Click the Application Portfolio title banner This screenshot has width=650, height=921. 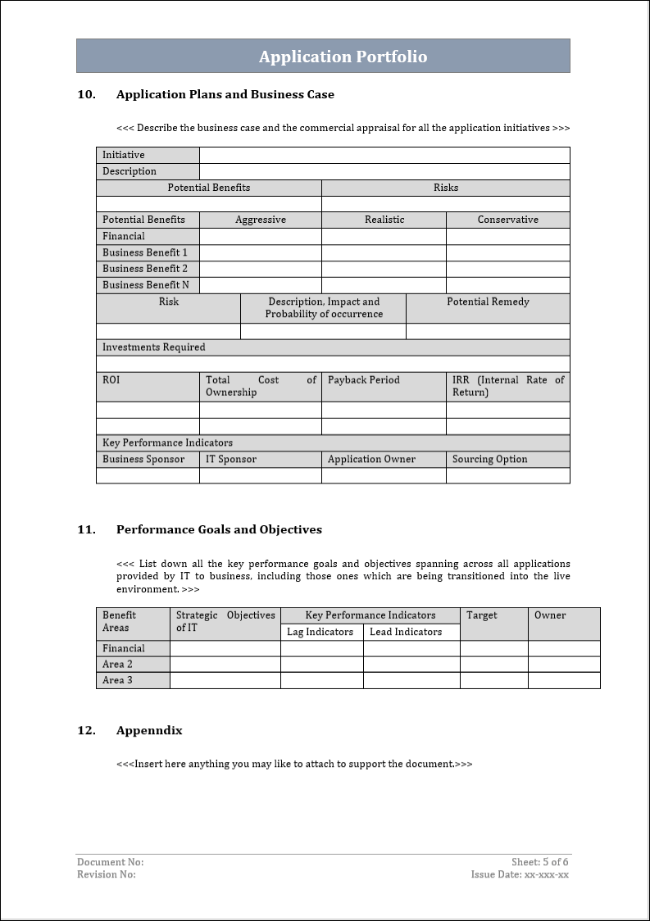pos(343,57)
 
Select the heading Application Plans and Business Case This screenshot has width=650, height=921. pos(225,94)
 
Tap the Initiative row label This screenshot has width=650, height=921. pos(124,155)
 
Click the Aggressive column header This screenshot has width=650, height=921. pos(261,220)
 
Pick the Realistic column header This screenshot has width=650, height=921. pos(384,220)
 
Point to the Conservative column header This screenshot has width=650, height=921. pos(508,220)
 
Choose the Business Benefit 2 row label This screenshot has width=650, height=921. pos(145,269)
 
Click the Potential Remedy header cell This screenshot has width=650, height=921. pos(488,302)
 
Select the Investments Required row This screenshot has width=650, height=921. pos(154,347)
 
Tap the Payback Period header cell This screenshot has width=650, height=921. pos(364,380)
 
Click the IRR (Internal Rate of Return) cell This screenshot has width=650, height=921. pos(508,386)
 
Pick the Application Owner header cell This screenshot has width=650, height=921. pos(371,460)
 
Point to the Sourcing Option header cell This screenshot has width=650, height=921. pos(490,460)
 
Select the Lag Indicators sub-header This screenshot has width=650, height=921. pos(320,632)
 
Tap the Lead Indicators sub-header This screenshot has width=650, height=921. pos(406,632)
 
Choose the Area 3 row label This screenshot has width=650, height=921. pos(117,680)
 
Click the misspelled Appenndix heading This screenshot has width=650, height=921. pos(149,730)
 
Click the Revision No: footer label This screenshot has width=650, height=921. pos(107,874)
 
